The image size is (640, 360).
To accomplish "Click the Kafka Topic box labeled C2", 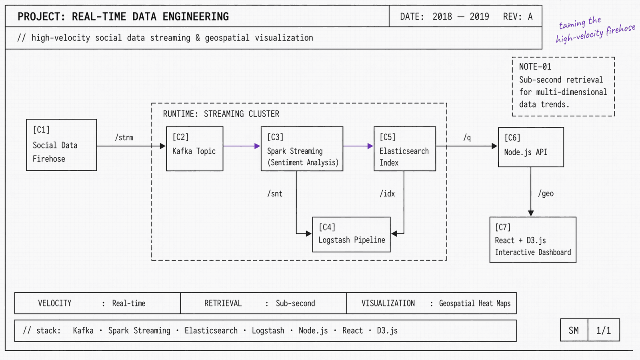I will [x=194, y=149].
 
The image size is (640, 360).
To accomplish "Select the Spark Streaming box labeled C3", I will [x=302, y=149].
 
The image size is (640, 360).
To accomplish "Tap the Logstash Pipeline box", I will [x=351, y=234].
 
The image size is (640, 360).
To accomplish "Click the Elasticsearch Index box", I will [x=404, y=149].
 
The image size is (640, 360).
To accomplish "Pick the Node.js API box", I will [x=531, y=147].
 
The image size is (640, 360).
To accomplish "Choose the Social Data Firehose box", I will [x=61, y=145].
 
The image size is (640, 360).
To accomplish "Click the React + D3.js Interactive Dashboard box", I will [x=533, y=240].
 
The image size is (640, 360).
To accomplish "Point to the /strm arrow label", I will [x=124, y=138].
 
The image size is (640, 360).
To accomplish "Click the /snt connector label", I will [x=275, y=194].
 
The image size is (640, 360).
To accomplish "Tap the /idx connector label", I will [x=387, y=194].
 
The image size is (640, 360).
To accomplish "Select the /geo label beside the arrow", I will [x=546, y=194].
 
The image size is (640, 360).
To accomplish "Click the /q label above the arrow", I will [x=467, y=138].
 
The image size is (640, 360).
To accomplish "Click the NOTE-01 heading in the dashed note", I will [x=535, y=67].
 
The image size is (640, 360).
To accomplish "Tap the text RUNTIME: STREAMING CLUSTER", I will [x=221, y=114].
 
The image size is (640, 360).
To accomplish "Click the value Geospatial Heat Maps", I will [x=474, y=304].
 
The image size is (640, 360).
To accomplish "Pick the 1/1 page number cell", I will [x=603, y=330].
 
